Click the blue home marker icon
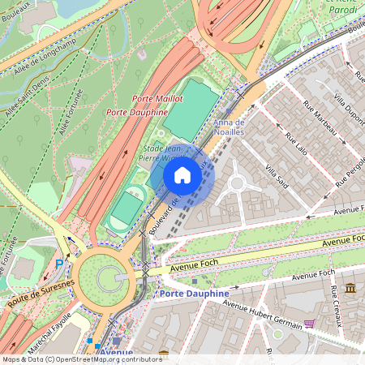(x=182, y=174)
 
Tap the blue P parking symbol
(x=59, y=263)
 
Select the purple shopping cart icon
(x=309, y=324)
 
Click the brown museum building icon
(x=350, y=289)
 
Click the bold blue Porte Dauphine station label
(x=195, y=293)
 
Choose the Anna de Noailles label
(x=228, y=127)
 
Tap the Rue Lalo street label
(x=296, y=144)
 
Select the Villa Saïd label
(x=276, y=175)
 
